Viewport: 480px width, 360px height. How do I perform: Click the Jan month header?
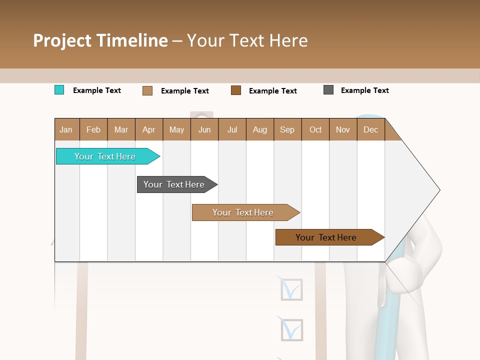[x=66, y=129]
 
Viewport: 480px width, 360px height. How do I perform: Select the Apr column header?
[x=148, y=129]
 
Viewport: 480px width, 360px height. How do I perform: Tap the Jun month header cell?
[x=204, y=129]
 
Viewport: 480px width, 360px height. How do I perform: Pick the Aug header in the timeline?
[x=259, y=129]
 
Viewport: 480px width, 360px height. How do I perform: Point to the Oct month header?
[x=315, y=129]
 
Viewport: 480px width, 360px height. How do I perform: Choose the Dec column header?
[x=370, y=129]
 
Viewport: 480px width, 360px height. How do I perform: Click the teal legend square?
[x=59, y=90]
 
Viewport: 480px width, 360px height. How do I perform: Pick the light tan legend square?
[x=147, y=90]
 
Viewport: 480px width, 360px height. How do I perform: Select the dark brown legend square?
[x=236, y=90]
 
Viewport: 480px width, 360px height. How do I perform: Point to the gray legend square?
[x=328, y=90]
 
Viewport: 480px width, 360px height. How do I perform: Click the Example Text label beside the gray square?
[x=364, y=90]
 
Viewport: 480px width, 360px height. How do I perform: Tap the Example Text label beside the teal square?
[x=96, y=90]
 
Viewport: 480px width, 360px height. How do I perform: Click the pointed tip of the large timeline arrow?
[x=439, y=190]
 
